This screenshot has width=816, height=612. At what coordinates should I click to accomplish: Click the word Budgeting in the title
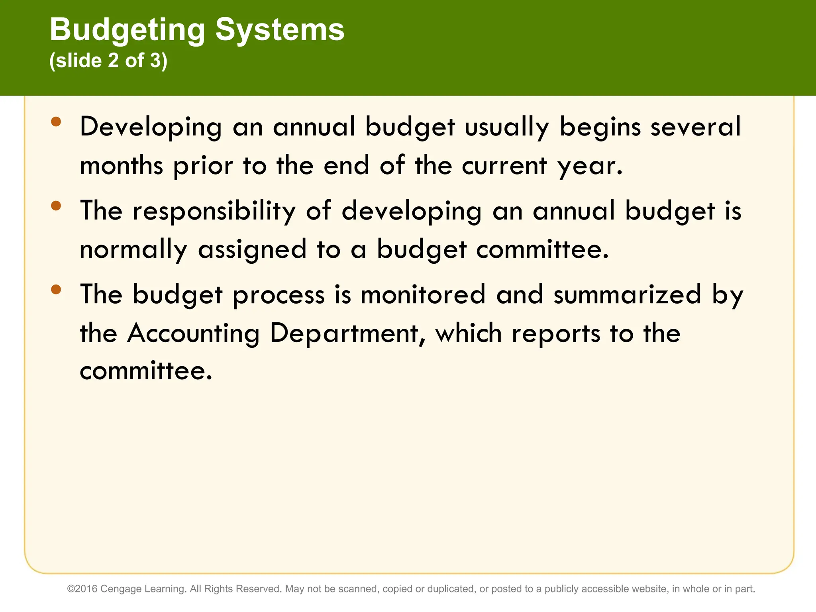point(127,30)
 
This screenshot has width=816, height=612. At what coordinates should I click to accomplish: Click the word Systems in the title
point(280,30)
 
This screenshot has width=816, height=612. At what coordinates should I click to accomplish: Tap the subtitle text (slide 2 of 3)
point(108,61)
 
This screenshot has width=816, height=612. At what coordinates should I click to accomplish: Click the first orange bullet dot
point(56,122)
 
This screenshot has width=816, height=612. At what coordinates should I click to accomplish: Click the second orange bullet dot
point(56,206)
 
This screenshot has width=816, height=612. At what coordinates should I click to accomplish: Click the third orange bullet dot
point(56,289)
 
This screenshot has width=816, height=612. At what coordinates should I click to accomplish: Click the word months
point(122,166)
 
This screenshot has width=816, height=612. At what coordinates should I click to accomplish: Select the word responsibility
point(214,211)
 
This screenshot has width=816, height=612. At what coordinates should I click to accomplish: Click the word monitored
point(423,295)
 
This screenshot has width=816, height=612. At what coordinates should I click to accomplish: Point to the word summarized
point(627,295)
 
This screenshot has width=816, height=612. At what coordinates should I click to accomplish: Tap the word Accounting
point(193,333)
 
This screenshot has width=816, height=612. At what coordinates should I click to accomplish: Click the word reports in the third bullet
point(556,334)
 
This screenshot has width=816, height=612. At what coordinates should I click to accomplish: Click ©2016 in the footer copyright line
point(82,589)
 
